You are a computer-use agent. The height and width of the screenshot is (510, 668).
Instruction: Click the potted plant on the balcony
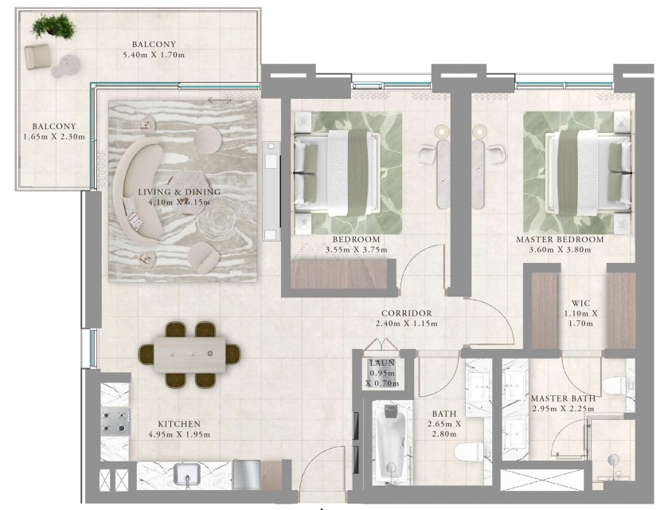[x=53, y=26]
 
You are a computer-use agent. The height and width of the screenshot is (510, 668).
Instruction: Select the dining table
[x=190, y=355]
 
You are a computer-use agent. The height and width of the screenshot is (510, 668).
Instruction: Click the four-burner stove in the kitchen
[x=115, y=422]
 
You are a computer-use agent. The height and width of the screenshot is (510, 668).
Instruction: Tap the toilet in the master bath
[x=615, y=386]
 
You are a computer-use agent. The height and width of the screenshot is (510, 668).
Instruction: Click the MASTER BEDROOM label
[x=560, y=240]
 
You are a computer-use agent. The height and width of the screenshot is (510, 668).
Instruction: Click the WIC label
[x=580, y=303]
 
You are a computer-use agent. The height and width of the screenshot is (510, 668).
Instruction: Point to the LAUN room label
[x=382, y=363]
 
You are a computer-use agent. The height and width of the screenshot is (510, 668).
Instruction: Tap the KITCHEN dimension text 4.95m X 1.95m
[x=179, y=435]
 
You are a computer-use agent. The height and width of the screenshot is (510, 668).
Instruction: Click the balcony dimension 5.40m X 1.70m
[x=154, y=55]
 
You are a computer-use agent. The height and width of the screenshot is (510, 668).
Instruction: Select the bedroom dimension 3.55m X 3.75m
[x=356, y=250]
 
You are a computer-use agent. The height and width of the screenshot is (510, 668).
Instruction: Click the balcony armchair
[x=37, y=56]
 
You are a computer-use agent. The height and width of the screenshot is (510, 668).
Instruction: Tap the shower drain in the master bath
[x=614, y=460]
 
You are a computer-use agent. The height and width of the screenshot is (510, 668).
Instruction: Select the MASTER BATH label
[x=563, y=398]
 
